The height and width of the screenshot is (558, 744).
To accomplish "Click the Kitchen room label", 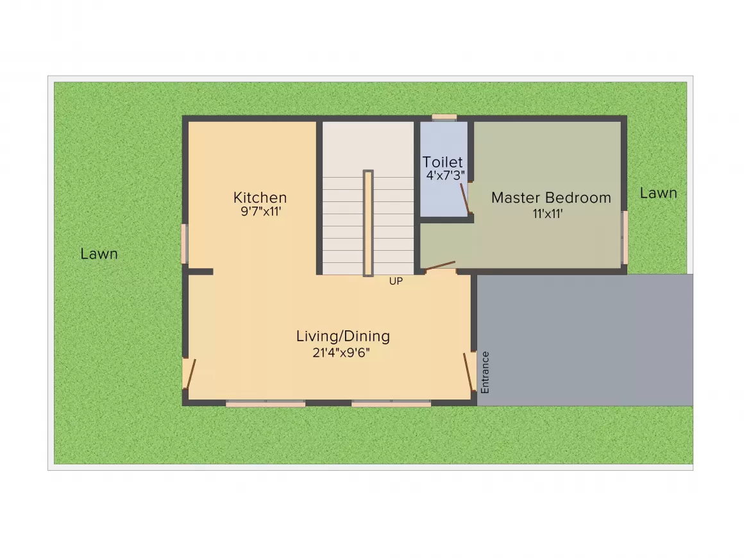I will pos(260,198).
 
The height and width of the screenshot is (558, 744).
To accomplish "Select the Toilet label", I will pos(443,162).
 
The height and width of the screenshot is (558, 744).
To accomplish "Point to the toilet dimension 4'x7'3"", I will pos(445,174).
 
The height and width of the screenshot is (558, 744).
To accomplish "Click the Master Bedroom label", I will pos(551,198).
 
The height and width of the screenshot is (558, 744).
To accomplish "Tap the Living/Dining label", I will pos(342,336).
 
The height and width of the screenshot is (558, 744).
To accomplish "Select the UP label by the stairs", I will pos(396,281).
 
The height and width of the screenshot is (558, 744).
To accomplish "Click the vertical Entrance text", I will pos(486,372).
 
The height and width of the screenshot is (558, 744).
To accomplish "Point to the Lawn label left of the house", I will pos(99,254).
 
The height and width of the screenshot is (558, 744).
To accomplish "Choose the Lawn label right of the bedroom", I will pos(658,193).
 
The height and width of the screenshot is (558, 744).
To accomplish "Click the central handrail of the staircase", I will pos(368,223).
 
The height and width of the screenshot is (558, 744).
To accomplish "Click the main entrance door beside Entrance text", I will pos(469,372).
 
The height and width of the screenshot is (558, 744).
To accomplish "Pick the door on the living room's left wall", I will pos(190,373).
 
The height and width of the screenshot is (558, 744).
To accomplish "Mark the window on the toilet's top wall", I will pos(444,117).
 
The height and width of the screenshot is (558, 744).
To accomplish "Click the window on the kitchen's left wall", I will pos(185,243).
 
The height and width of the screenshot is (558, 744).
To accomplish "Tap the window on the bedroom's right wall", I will pos(624,237).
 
